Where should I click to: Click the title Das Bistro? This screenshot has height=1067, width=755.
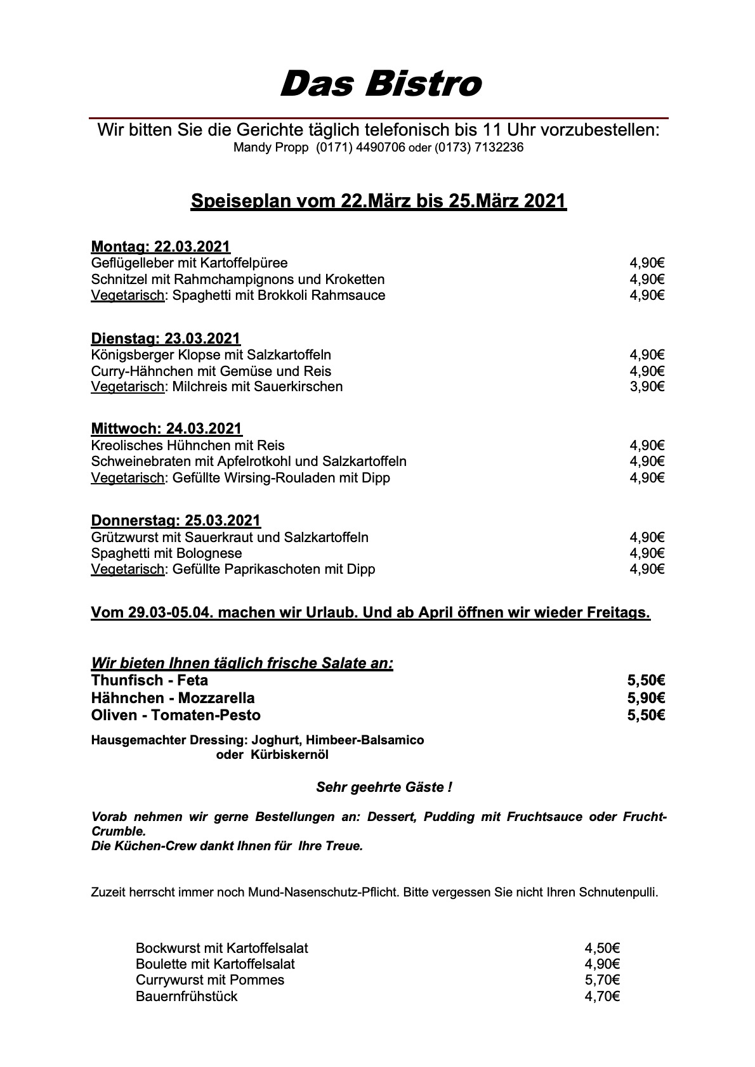coord(380,84)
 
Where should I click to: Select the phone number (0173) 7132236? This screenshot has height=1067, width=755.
coord(479,148)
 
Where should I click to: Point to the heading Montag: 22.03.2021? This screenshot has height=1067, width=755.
coord(161,247)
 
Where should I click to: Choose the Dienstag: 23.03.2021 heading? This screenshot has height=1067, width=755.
coord(166,338)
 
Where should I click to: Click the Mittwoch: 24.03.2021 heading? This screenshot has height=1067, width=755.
coord(166,429)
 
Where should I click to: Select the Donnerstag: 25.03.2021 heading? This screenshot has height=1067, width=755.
coord(176,521)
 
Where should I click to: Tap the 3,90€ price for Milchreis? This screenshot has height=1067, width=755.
coord(647,387)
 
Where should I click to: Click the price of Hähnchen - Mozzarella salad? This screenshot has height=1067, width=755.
coord(646,698)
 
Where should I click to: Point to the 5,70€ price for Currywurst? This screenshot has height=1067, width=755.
coord(601,980)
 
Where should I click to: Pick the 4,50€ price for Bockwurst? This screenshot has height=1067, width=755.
coord(601,948)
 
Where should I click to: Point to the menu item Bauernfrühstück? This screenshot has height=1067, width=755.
coord(187,996)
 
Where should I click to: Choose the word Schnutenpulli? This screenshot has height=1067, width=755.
coord(618,893)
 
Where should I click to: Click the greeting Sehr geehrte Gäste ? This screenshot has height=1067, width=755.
coord(384,787)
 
